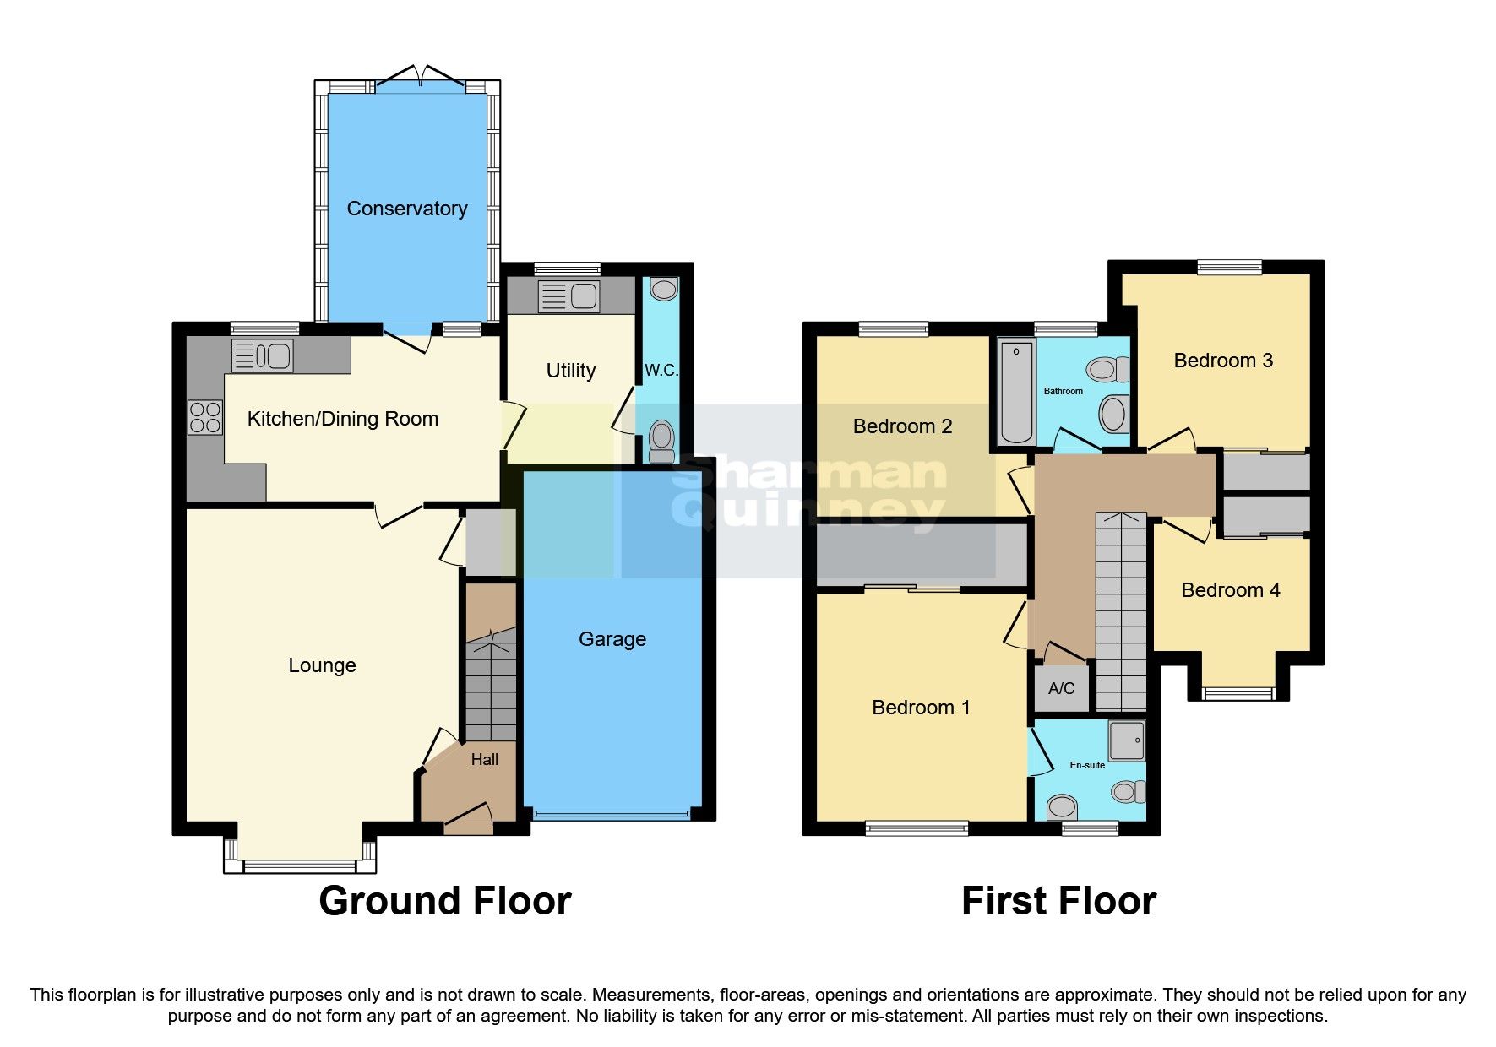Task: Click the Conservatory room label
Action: (406, 209)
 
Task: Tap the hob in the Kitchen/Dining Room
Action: (205, 417)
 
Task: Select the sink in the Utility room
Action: (584, 296)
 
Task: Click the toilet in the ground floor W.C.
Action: (662, 441)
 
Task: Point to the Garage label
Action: (612, 639)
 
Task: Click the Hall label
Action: (484, 760)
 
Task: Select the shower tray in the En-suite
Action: (1127, 740)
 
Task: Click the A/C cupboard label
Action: (1061, 688)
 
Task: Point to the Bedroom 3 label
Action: (1222, 361)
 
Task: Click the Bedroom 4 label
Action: (1230, 590)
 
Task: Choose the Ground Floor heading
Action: (444, 901)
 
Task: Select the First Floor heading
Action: (1058, 901)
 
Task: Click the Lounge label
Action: (322, 665)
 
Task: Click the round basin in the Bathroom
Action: (1112, 415)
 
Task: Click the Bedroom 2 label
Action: (902, 426)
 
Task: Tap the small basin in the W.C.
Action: (664, 290)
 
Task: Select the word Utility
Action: (570, 371)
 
